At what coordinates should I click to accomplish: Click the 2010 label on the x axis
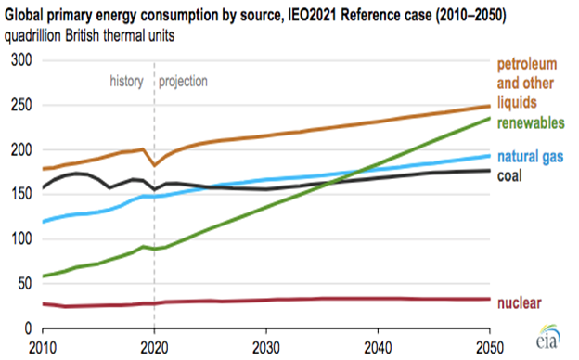click(41, 346)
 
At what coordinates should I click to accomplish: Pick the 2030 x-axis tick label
click(266, 346)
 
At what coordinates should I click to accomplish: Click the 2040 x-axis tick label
click(380, 346)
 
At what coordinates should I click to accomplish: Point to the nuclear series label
click(521, 302)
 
